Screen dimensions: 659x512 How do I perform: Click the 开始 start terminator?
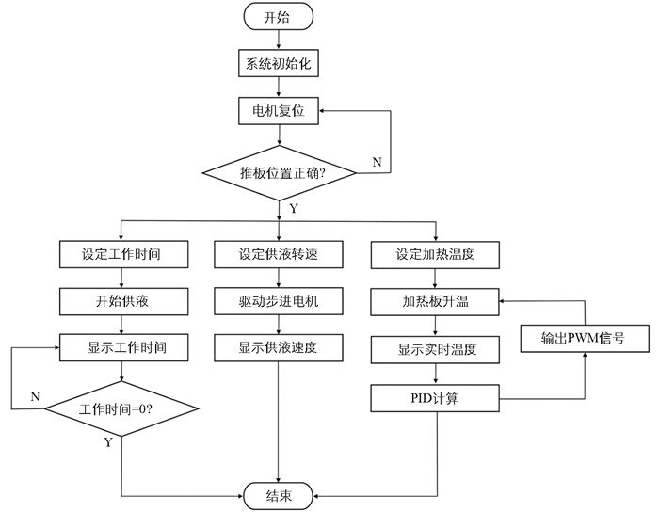279,17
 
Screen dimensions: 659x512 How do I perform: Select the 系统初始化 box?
279,63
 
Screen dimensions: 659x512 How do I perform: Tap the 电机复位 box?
279,111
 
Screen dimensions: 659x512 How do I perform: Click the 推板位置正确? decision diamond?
280,172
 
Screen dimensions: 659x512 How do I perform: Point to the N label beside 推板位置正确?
377,162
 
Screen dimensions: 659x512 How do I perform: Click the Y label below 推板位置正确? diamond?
294,208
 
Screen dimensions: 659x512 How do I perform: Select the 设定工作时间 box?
123,254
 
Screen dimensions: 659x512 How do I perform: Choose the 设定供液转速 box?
279,254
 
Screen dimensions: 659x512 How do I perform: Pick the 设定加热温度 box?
435,255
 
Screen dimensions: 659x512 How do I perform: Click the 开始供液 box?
123,301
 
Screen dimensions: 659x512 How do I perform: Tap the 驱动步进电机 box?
279,301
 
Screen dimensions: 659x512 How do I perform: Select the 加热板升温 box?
435,302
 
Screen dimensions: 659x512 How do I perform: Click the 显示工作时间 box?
123,347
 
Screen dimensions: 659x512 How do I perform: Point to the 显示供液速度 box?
279,348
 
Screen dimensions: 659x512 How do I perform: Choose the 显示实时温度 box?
435,350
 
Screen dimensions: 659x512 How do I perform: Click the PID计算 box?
435,398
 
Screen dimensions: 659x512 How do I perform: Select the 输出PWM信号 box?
585,339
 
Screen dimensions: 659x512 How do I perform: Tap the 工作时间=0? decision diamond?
121,408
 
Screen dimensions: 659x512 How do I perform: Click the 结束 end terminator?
279,496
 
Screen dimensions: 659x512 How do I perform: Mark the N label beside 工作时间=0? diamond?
36,396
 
